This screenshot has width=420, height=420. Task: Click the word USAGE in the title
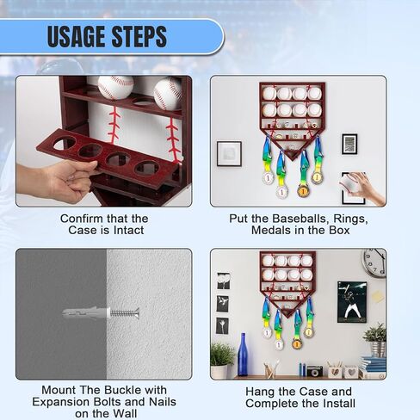point(77,36)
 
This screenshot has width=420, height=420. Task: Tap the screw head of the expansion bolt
point(137,312)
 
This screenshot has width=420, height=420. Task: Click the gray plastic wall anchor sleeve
point(86,312)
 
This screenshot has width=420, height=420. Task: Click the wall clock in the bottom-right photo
point(374,263)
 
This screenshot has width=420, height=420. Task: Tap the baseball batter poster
point(352,302)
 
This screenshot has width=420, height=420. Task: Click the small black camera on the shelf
point(315,371)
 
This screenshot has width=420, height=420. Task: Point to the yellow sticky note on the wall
point(377,296)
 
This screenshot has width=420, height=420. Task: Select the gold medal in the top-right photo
point(303,190)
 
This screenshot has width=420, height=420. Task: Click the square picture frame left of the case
point(229,153)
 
